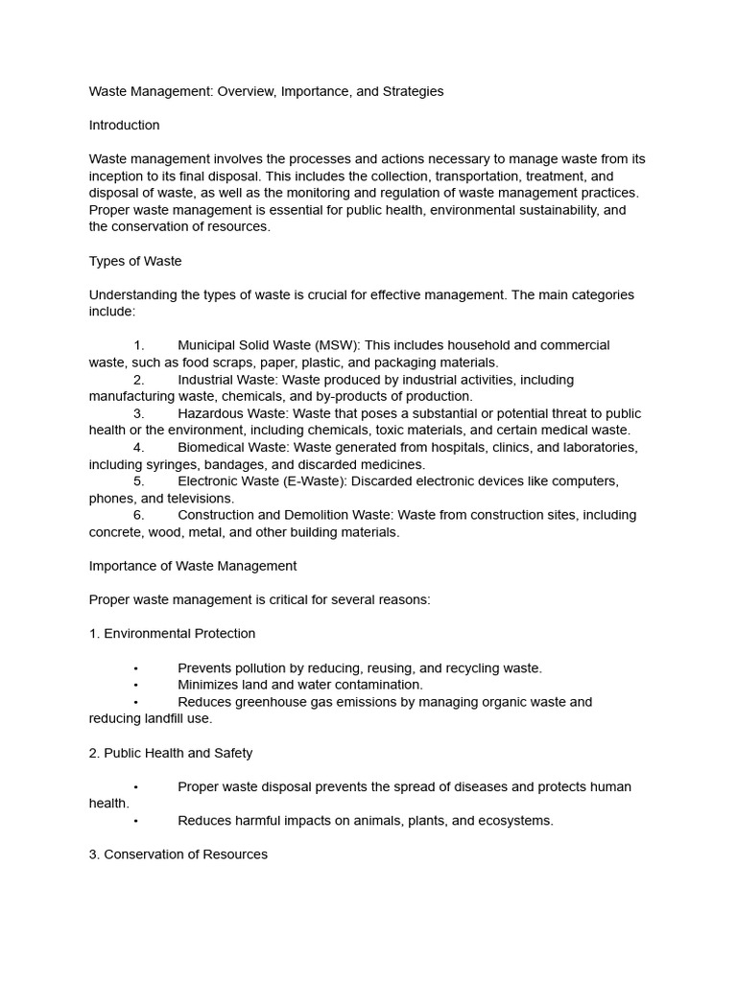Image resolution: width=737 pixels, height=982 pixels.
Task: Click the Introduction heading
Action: [x=124, y=126]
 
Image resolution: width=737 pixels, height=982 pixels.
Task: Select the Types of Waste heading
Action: [x=135, y=261]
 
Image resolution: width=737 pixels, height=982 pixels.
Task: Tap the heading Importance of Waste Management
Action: [x=193, y=566]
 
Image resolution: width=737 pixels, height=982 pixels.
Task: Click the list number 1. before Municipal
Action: [x=139, y=345]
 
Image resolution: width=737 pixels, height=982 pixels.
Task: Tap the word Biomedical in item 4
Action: [x=213, y=448]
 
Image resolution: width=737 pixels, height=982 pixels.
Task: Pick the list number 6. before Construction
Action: [x=139, y=515]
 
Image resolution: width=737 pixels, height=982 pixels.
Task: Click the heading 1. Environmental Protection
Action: [x=173, y=634]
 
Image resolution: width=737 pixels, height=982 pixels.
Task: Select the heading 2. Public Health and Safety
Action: [x=171, y=753]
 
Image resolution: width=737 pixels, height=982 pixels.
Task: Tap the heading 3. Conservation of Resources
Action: [x=178, y=854]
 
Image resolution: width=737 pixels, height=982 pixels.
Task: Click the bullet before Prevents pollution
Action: [x=136, y=668]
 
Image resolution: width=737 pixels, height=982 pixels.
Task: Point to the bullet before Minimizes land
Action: [x=136, y=685]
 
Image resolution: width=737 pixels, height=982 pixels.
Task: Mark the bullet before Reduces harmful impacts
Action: [x=136, y=821]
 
